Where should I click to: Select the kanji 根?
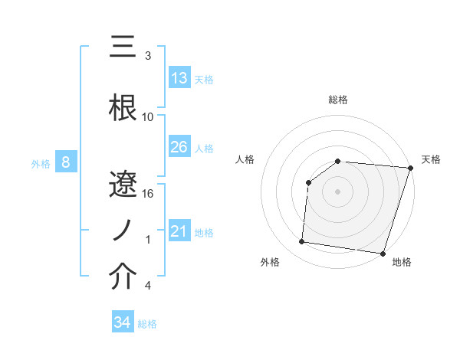(123, 108)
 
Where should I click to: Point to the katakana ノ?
(123, 232)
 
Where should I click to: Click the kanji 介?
(123, 277)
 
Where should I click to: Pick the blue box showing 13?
(179, 77)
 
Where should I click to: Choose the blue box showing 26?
(179, 146)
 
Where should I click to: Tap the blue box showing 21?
(179, 231)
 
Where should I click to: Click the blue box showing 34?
(122, 322)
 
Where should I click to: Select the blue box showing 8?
(66, 162)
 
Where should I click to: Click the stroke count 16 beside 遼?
(148, 194)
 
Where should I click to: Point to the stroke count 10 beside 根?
(148, 117)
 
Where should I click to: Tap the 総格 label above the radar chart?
(338, 100)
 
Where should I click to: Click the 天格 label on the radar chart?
(431, 159)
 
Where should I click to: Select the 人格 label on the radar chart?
(245, 159)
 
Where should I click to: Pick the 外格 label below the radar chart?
(270, 263)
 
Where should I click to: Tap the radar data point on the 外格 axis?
(302, 242)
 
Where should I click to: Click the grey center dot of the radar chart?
(338, 191)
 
